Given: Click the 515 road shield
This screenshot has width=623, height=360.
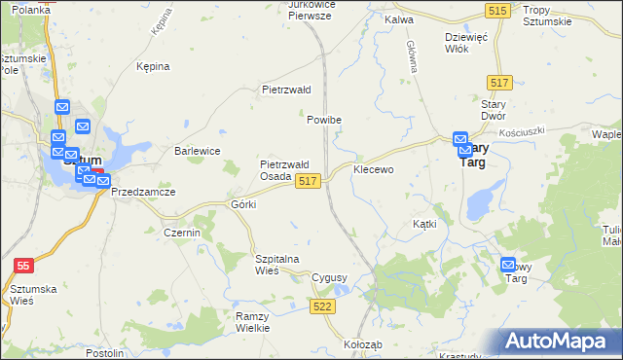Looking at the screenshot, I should pyautogui.click(x=497, y=9).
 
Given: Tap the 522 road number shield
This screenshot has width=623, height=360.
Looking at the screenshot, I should pyautogui.click(x=323, y=306).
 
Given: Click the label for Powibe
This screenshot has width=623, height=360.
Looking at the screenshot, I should pyautogui.click(x=324, y=120).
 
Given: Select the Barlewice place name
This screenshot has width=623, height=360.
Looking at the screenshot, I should pyautogui.click(x=197, y=151).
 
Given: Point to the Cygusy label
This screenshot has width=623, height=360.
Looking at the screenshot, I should pyautogui.click(x=329, y=277).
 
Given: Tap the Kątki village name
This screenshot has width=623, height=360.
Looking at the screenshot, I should pyautogui.click(x=424, y=223).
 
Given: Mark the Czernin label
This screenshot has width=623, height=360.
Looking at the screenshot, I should pyautogui.click(x=182, y=234).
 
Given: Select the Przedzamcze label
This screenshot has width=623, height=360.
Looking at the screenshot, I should pyautogui.click(x=143, y=193).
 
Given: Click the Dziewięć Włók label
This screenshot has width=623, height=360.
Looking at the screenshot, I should pyautogui.click(x=465, y=43).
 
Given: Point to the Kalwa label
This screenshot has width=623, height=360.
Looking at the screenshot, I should pyautogui.click(x=399, y=18).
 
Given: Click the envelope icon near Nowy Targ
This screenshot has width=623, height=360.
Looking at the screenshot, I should pyautogui.click(x=508, y=265).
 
